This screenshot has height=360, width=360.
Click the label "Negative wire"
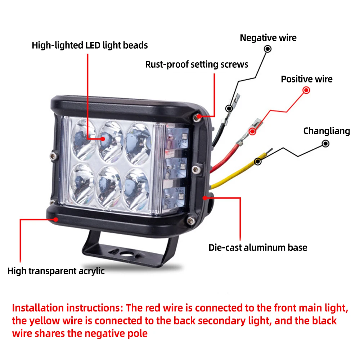[268, 38]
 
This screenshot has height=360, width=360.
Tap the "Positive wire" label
[306, 79]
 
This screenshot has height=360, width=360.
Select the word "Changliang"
[327, 131]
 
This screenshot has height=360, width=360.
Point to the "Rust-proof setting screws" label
[197, 64]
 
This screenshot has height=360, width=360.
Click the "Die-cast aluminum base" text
[258, 248]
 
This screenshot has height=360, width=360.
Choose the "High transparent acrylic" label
[56, 271]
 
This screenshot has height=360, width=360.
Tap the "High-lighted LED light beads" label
[90, 45]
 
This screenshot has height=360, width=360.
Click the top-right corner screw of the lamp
[197, 118]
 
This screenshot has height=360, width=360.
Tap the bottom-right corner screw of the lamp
[190, 221]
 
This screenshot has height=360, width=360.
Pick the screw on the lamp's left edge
[54, 156]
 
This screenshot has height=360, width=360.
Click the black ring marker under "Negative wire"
[267, 49]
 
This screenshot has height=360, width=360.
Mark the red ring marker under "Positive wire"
[306, 90]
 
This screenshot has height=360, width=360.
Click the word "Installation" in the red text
[38, 308]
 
